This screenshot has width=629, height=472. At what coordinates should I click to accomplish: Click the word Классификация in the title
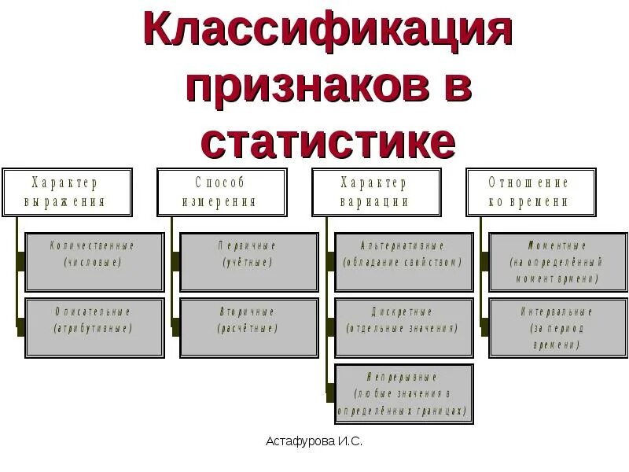point(329,35)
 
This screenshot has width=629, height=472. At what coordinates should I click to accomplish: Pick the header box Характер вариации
point(374,192)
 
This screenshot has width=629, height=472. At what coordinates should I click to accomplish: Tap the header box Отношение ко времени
point(528,192)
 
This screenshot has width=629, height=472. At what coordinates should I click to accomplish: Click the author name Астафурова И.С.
point(314,442)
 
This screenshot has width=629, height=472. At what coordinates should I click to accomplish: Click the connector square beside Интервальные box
point(484,322)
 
